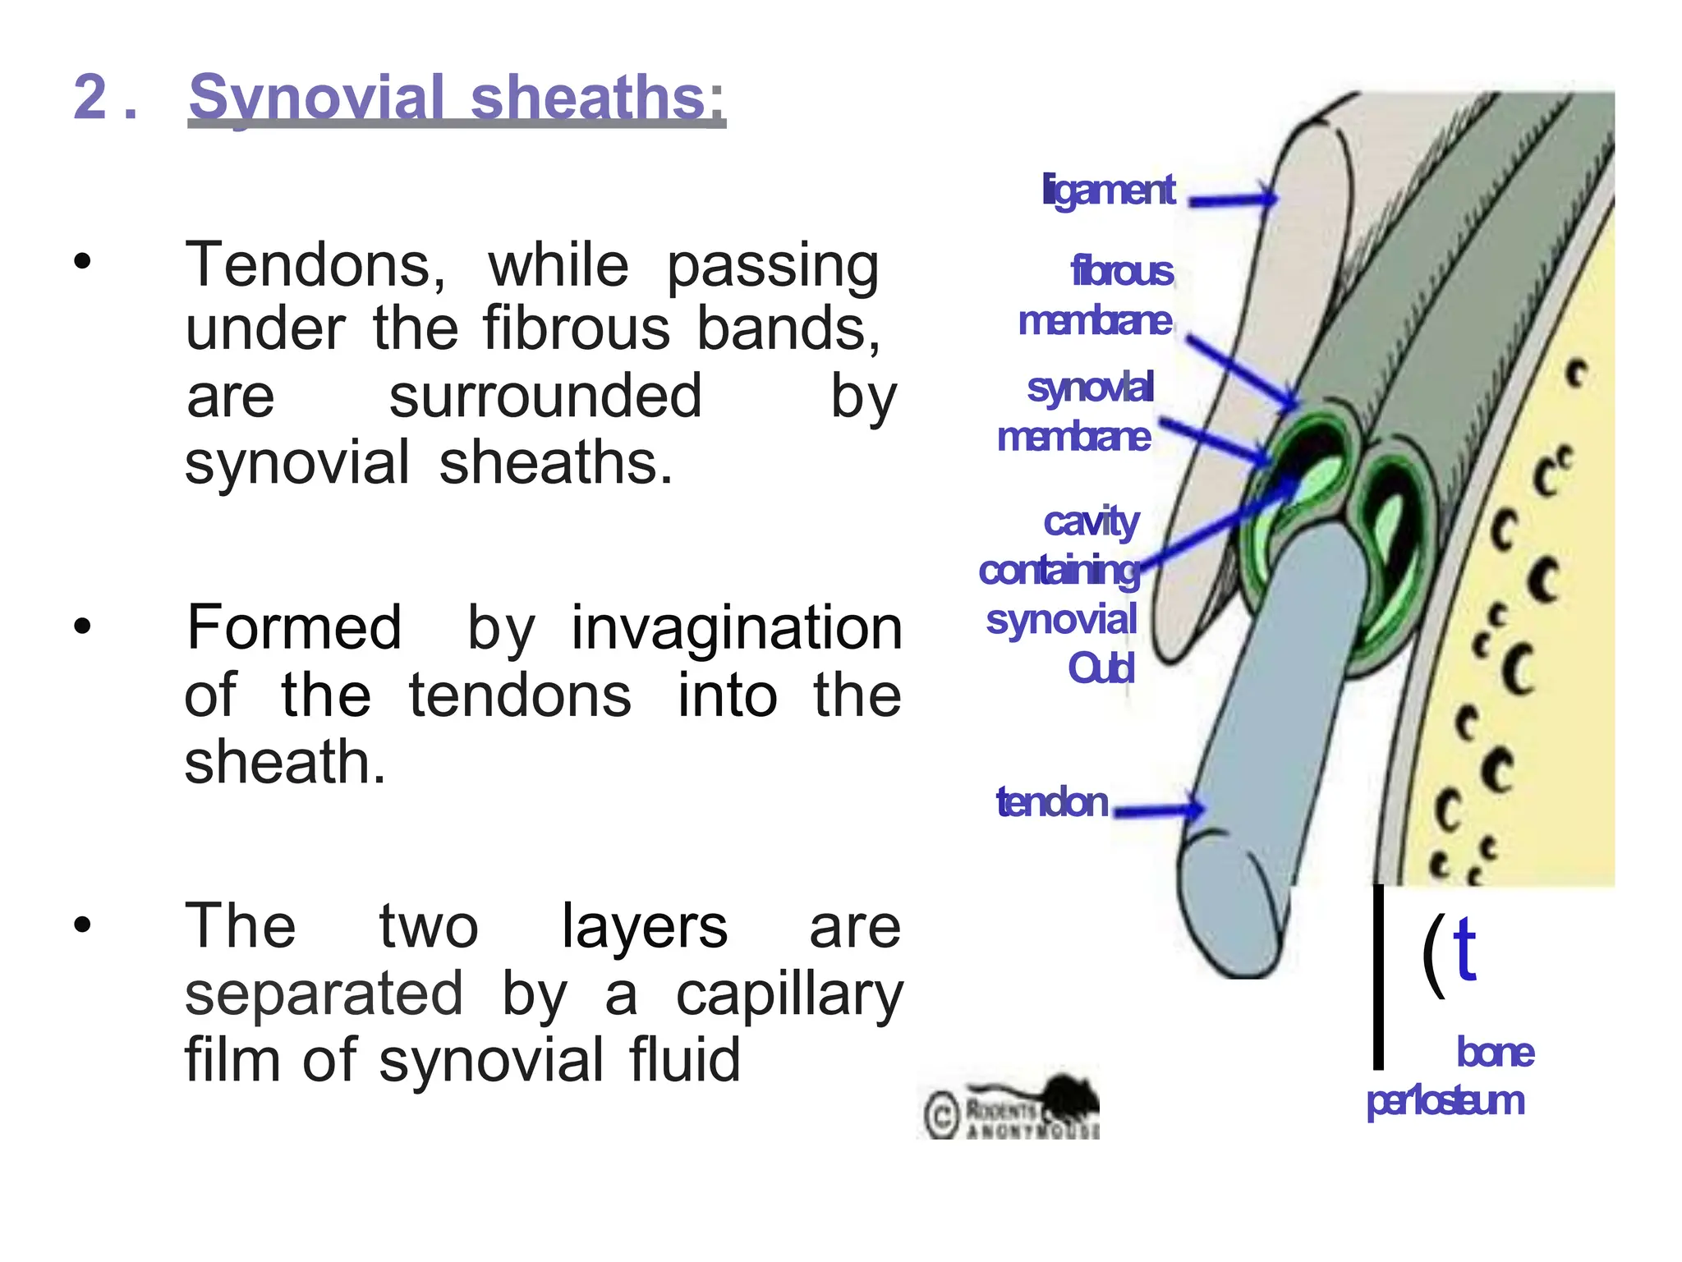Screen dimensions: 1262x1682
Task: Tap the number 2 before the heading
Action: pos(90,97)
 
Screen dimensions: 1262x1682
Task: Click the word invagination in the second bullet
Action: pos(737,628)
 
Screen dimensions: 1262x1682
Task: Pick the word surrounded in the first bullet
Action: pos(545,397)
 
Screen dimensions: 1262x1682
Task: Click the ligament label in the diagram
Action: pos(1109,190)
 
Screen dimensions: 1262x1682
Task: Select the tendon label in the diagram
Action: pos(1052,802)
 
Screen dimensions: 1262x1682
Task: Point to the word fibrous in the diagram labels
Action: pos(1122,272)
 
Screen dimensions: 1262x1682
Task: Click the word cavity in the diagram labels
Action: pos(1091,521)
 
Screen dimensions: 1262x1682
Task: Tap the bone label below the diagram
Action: pos(1495,1053)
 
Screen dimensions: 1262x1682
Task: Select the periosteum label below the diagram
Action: pos(1445,1101)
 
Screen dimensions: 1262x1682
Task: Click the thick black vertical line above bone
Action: pos(1378,977)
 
